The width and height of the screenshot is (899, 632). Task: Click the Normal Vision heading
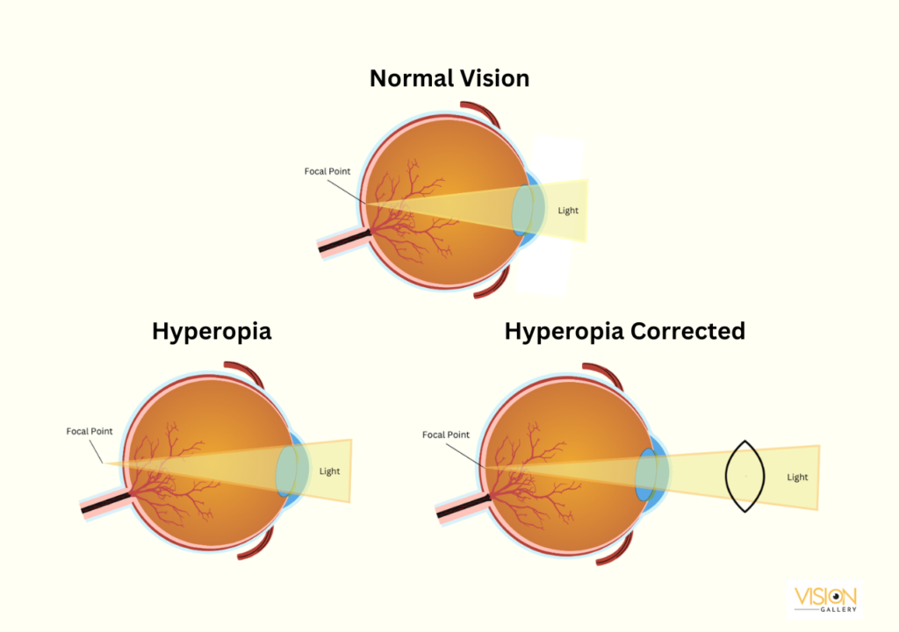coord(449,78)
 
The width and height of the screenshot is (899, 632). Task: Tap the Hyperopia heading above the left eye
coord(212,331)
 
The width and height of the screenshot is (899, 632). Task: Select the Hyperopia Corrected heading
coord(624,331)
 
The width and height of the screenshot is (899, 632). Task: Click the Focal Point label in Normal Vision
coord(327,171)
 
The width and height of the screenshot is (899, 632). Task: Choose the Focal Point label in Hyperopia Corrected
coord(446,434)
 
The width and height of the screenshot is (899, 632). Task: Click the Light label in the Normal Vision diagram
coord(568,211)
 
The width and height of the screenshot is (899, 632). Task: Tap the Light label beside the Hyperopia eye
coord(329,471)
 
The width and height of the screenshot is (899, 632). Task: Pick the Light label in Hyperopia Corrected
coord(797,477)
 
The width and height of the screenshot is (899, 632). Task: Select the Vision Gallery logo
coord(824,599)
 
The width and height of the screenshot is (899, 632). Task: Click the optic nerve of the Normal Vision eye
coord(342,241)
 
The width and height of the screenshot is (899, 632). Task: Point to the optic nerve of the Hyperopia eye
coord(104,501)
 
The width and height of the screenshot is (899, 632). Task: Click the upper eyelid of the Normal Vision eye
coord(482,114)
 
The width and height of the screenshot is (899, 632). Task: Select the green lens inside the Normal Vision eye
coord(525,212)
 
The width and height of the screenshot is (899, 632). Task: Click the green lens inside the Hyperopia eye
coord(289,471)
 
